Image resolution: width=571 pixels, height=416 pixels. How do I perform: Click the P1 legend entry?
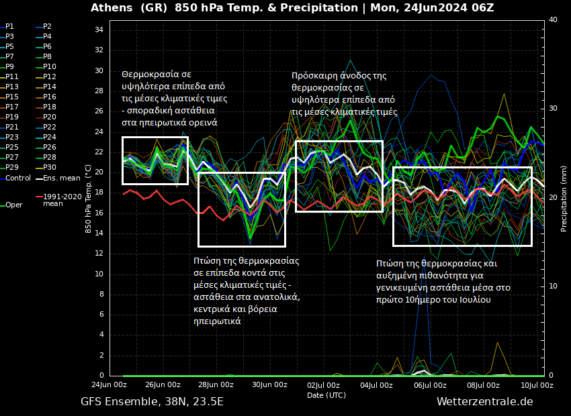click(x=9, y=26)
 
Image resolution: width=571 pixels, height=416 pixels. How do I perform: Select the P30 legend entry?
click(x=49, y=167)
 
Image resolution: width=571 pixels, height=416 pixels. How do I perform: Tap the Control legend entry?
click(x=17, y=178)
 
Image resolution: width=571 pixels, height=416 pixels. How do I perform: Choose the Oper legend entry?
click(x=13, y=205)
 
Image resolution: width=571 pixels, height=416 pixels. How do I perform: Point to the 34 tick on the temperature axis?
click(x=99, y=30)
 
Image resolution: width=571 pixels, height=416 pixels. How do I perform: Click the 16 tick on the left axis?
click(x=99, y=213)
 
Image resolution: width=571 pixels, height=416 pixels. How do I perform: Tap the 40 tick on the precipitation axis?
click(x=553, y=20)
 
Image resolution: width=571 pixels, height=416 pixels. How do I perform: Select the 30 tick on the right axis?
click(x=553, y=109)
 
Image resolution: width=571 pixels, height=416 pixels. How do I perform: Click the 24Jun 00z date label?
click(x=109, y=385)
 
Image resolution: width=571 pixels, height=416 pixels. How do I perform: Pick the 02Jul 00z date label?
click(x=323, y=385)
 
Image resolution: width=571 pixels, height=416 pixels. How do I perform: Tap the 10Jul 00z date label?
click(x=537, y=385)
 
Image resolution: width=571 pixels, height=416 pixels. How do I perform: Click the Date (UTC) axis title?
click(x=326, y=395)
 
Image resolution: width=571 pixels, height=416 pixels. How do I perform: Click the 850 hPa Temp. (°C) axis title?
click(x=89, y=199)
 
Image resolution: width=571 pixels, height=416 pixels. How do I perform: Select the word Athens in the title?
click(x=112, y=8)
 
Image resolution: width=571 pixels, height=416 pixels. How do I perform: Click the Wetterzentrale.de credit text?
click(x=484, y=402)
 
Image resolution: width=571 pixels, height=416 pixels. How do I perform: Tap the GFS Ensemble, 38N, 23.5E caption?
click(x=152, y=402)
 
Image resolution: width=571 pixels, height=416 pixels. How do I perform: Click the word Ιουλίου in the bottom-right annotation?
click(x=475, y=299)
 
